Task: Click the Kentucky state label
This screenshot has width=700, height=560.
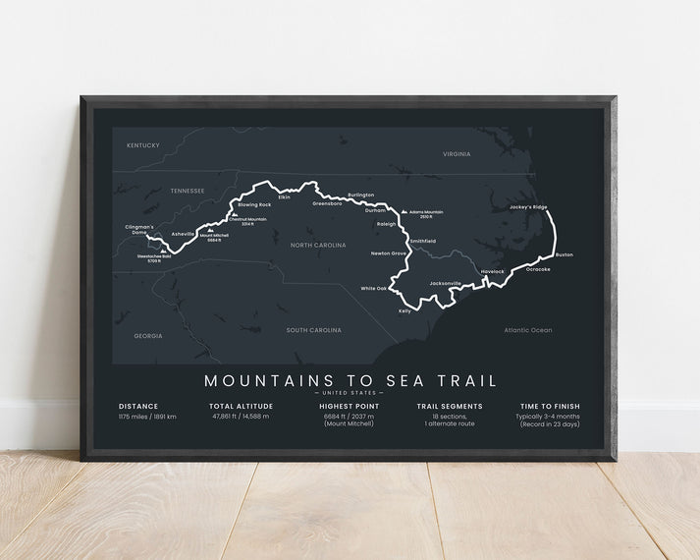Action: (143, 145)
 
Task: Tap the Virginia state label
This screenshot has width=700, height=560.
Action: (457, 154)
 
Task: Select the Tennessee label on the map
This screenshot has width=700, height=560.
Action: (187, 190)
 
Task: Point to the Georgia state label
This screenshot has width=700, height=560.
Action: (148, 336)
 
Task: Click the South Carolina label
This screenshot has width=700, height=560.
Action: (314, 330)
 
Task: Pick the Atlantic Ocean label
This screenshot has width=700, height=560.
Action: (528, 330)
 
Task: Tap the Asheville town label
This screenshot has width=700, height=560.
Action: (184, 234)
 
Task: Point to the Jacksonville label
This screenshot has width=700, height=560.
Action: (445, 283)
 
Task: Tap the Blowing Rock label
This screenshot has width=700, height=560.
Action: (254, 204)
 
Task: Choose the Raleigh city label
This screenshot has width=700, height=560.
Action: (387, 224)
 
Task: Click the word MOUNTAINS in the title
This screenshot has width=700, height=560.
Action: (260, 379)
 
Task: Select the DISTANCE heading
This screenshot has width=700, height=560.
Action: (138, 406)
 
